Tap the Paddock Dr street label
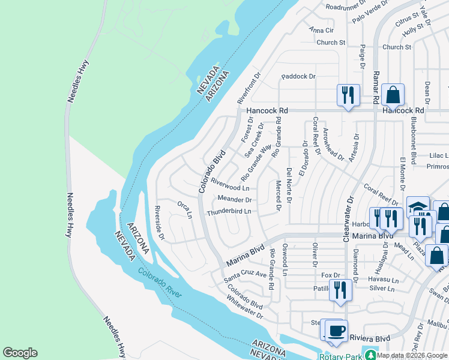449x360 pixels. click(x=298, y=76)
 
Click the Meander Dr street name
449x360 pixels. click(x=234, y=199)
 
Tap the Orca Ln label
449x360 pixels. click(x=185, y=210)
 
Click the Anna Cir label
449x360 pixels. click(x=321, y=30)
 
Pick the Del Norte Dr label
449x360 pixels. click(x=289, y=185)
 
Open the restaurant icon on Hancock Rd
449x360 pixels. click(x=348, y=95)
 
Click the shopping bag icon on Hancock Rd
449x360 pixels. click(x=393, y=95)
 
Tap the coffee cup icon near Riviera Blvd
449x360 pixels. click(x=336, y=331)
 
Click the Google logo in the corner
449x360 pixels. click(x=20, y=353)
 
